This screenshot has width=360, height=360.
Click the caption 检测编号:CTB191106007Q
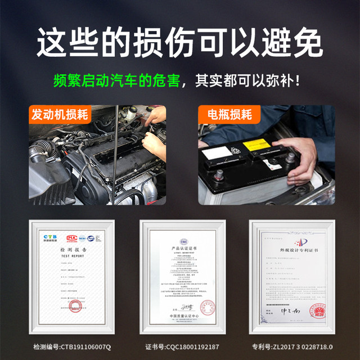tap(71, 346)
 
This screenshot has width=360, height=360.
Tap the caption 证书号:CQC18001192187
tap(181, 346)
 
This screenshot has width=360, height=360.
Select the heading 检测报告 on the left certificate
tap(70, 249)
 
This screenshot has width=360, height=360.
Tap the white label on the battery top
tap(217, 152)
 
